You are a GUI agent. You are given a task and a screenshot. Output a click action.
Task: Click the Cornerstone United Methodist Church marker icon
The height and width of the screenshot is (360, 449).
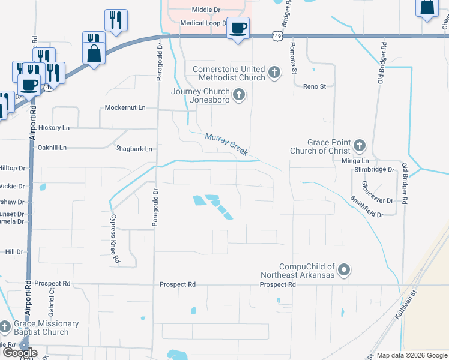coord(274,73)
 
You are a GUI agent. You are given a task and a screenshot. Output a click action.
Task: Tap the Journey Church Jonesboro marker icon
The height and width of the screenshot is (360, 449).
coord(239,95)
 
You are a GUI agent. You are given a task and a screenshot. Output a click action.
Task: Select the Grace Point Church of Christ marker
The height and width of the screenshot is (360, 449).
coord(359,145)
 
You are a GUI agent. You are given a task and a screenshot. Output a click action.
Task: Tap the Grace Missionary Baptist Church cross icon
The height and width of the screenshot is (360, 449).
coord(5,328)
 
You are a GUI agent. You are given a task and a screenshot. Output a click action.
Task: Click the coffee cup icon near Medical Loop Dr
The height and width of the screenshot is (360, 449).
coord(238,28)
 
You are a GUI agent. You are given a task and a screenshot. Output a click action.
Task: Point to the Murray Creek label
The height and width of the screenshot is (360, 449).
coord(226,145)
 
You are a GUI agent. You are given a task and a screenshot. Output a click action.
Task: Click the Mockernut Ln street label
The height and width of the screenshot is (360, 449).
coord(125,107)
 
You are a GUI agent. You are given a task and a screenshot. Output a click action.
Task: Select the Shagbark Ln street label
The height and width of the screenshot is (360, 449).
coord(134,148)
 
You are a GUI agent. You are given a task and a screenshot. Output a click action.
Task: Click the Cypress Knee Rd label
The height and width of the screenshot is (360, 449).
coord(115,239)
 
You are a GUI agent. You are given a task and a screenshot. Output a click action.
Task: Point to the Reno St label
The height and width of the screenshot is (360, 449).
coord(314,86)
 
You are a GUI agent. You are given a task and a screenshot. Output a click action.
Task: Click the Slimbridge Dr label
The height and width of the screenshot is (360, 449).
coord(374,170)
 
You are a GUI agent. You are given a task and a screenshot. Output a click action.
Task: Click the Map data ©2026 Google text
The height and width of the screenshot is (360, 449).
coord(412,355)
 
